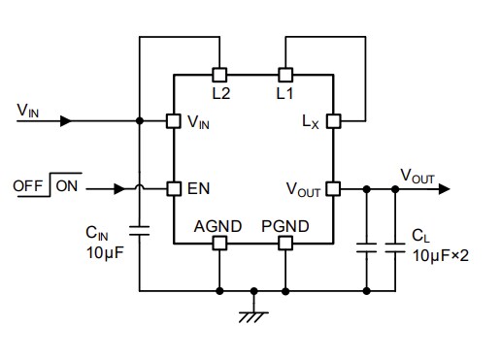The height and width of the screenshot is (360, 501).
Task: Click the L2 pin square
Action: tap(219, 74)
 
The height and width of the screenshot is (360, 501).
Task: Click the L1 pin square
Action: tap(285, 74)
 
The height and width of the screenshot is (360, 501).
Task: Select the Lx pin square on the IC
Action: tap(333, 121)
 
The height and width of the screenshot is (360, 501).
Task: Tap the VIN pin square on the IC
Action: tap(173, 121)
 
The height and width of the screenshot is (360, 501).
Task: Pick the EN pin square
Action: tap(173, 187)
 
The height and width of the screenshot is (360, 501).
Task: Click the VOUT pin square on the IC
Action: tap(333, 187)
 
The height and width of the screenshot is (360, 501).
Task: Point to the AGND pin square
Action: tap(219, 243)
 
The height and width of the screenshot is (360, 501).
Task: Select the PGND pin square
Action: tap(285, 243)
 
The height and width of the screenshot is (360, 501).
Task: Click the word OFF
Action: tap(29, 185)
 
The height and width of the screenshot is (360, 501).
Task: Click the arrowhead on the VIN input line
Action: tap(65, 121)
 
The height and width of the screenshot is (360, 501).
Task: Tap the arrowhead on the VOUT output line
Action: tap(444, 187)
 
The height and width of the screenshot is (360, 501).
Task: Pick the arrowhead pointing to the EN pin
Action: tap(121, 187)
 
